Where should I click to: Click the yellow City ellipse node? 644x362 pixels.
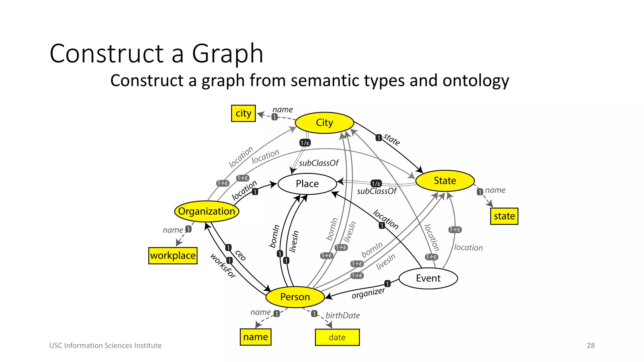pyautogui.click(x=324, y=123)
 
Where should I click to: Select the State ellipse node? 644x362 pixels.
pyautogui.click(x=445, y=181)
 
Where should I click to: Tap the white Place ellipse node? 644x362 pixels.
pyautogui.click(x=307, y=184)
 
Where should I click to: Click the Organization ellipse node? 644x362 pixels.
pyautogui.click(x=207, y=211)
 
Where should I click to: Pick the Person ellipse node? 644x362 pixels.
pyautogui.click(x=295, y=297)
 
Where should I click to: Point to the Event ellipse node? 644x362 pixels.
pyautogui.click(x=428, y=278)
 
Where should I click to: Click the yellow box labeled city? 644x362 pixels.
pyautogui.click(x=243, y=113)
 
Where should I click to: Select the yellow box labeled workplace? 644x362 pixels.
pyautogui.click(x=173, y=255)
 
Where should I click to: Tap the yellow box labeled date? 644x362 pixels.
pyautogui.click(x=337, y=337)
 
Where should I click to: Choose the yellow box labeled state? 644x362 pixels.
pyautogui.click(x=504, y=216)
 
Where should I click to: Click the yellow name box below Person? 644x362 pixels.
pyautogui.click(x=255, y=337)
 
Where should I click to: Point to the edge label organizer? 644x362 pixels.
pyautogui.click(x=368, y=293)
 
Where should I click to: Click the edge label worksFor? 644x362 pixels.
pyautogui.click(x=223, y=266)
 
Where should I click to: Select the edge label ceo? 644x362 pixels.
pyautogui.click(x=241, y=255)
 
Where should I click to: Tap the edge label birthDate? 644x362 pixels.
pyautogui.click(x=342, y=315)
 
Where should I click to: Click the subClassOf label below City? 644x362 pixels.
pyautogui.click(x=319, y=163)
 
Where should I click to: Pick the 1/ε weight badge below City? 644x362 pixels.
pyautogui.click(x=305, y=143)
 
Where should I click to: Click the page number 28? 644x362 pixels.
pyautogui.click(x=591, y=345)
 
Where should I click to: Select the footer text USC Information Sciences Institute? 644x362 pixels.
pyautogui.click(x=105, y=345)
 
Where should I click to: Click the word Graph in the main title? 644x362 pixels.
pyautogui.click(x=227, y=54)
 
